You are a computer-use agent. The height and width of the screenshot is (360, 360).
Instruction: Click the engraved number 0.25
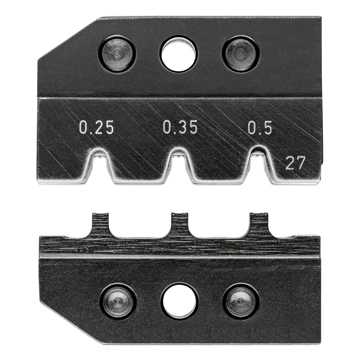(x=96, y=128)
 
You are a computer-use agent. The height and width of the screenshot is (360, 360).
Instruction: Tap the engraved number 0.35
(x=180, y=127)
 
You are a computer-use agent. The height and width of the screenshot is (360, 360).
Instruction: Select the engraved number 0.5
(x=260, y=128)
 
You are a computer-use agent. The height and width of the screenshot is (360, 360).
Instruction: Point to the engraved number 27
(x=295, y=163)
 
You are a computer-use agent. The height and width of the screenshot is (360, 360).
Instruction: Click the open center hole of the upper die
(x=179, y=54)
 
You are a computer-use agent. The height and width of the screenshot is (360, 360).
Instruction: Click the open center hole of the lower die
(x=180, y=302)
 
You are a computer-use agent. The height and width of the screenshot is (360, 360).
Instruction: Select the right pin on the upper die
(x=240, y=54)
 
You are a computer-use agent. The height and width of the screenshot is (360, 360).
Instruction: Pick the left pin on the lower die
(x=118, y=302)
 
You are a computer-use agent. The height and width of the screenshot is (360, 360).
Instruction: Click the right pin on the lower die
(x=241, y=302)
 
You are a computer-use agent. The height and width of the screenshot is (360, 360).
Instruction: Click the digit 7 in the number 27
(x=301, y=163)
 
